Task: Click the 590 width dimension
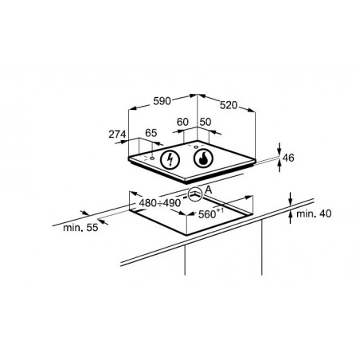tap(162, 101)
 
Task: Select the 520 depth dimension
tap(229, 105)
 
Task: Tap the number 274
tap(117, 135)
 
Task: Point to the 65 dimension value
tap(151, 133)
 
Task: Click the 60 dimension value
tap(182, 122)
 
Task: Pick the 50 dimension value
tap(205, 122)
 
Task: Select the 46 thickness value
tap(288, 158)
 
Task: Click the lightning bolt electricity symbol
tap(170, 160)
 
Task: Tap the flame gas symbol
tap(203, 158)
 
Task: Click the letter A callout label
tap(209, 190)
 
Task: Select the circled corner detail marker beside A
tap(195, 194)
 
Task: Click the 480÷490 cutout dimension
tap(160, 203)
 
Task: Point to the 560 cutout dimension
tap(207, 214)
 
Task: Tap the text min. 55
tap(80, 228)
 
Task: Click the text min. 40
tap(314, 213)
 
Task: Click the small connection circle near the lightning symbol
tap(152, 158)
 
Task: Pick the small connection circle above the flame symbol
tap(197, 147)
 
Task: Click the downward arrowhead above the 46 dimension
tap(280, 151)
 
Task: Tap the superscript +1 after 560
tap(220, 210)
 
